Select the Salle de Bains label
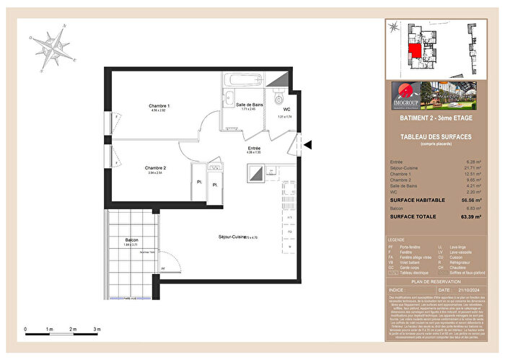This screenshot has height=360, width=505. tap(250, 105)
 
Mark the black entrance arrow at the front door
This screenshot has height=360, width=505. tap(307, 145)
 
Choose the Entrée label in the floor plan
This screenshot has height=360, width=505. tap(253, 147)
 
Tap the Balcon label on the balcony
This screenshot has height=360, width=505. tap(131, 240)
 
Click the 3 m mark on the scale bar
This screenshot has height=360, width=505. tap(97, 329)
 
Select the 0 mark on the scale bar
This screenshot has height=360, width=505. tap(27, 329)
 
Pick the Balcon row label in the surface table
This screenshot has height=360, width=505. tap(396, 208)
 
